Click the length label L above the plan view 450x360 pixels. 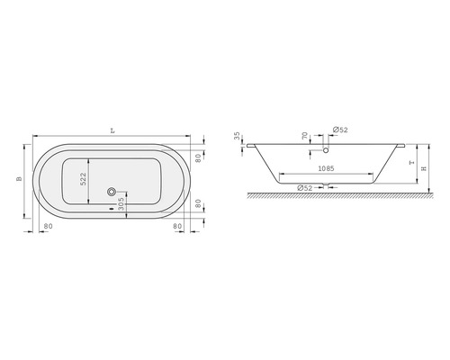pyautogui.click(x=112, y=130)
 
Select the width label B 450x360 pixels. pyautogui.click(x=20, y=179)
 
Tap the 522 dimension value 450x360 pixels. pyautogui.click(x=83, y=178)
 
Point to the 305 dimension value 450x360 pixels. pyautogui.click(x=121, y=203)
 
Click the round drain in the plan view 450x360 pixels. pyautogui.click(x=112, y=191)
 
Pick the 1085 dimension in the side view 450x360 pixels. pyautogui.click(x=326, y=168)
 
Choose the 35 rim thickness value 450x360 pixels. pyautogui.click(x=238, y=136)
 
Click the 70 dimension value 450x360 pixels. pyautogui.click(x=305, y=136)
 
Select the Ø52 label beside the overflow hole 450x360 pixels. pyautogui.click(x=340, y=130)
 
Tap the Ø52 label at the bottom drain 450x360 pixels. pyautogui.click(x=305, y=188)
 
